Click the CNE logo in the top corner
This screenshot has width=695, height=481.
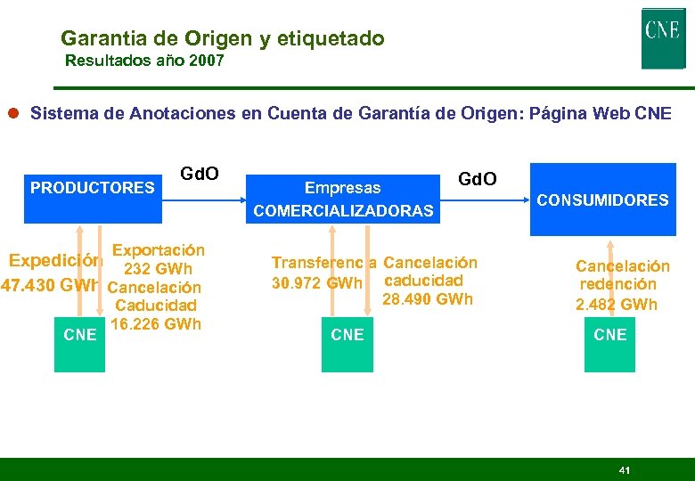pos(663,38)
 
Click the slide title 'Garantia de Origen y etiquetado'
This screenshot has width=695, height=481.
pos(223,38)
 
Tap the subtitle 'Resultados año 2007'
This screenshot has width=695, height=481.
pos(144,61)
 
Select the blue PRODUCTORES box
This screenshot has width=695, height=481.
pos(93,192)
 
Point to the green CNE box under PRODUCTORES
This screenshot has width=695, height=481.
pos(80,335)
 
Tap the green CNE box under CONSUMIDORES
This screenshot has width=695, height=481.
pos(610,335)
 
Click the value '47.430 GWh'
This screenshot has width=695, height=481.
pos(49,287)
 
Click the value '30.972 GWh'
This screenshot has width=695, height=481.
pos(317,283)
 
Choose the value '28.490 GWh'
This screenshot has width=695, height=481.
pos(427,299)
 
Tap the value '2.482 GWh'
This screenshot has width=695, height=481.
pos(617,304)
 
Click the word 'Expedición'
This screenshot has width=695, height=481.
pos(55,261)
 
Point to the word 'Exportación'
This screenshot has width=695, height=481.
pos(159,251)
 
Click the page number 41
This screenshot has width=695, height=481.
pos(624,469)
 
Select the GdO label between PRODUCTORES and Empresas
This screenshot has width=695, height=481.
pos(200,172)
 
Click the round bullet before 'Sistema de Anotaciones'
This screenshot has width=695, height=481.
pos(15,114)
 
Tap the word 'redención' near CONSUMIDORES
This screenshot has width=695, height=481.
pos(618,284)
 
